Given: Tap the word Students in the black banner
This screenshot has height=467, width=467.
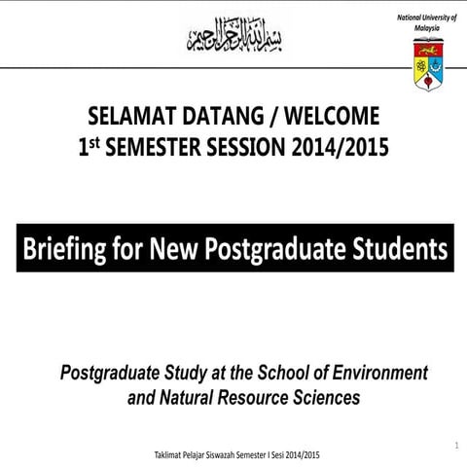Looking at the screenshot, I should [x=400, y=251].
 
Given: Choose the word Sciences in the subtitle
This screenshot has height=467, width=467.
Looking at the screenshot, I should [x=328, y=397].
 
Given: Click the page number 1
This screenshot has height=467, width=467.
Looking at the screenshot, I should [x=455, y=445].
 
